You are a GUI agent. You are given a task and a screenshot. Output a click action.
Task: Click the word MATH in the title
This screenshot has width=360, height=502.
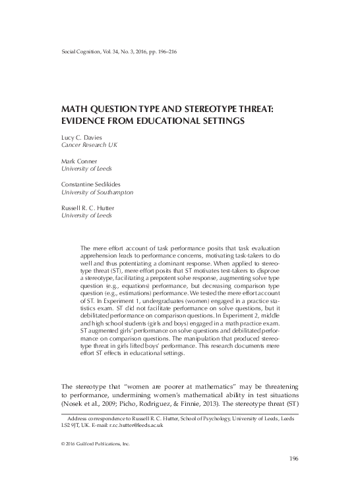[x=76, y=109]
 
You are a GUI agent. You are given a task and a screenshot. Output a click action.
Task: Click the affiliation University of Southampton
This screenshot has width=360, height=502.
[x=98, y=192]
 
